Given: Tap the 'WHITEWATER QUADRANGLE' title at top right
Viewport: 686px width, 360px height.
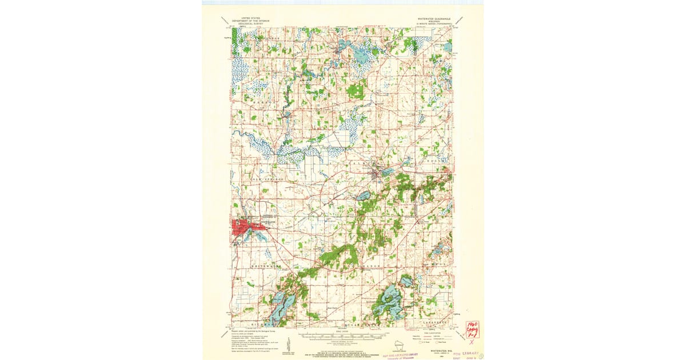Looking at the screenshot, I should [x=434, y=18].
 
